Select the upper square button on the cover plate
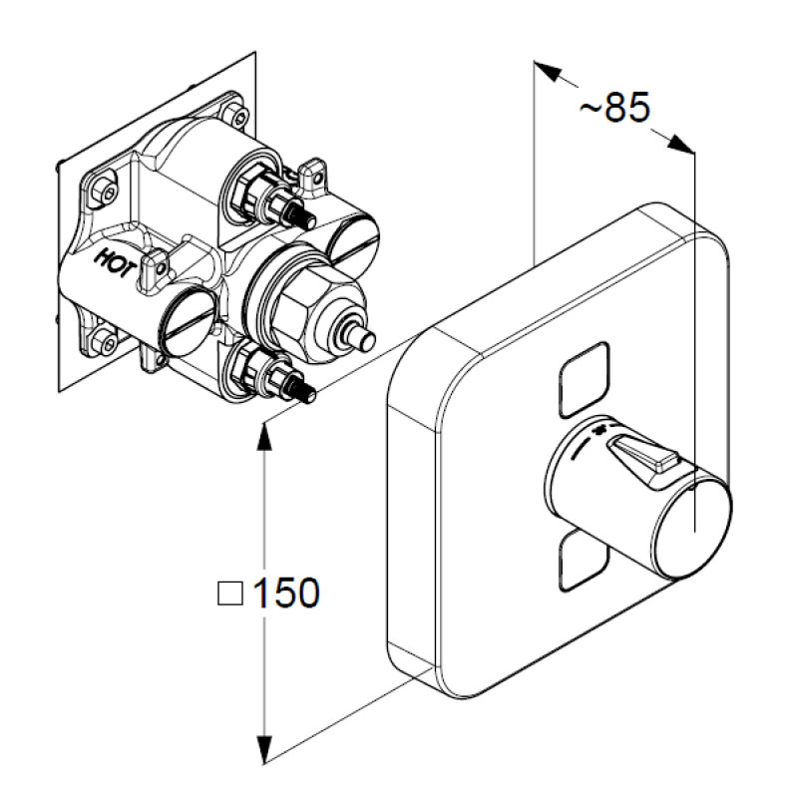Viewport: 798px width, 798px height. click(x=584, y=380)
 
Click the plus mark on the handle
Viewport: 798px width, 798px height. click(x=600, y=431)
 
